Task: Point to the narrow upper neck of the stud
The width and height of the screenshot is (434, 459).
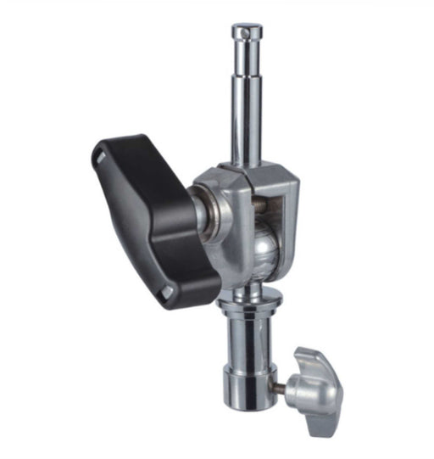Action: click(246, 59)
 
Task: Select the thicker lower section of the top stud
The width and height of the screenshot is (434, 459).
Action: click(247, 127)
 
